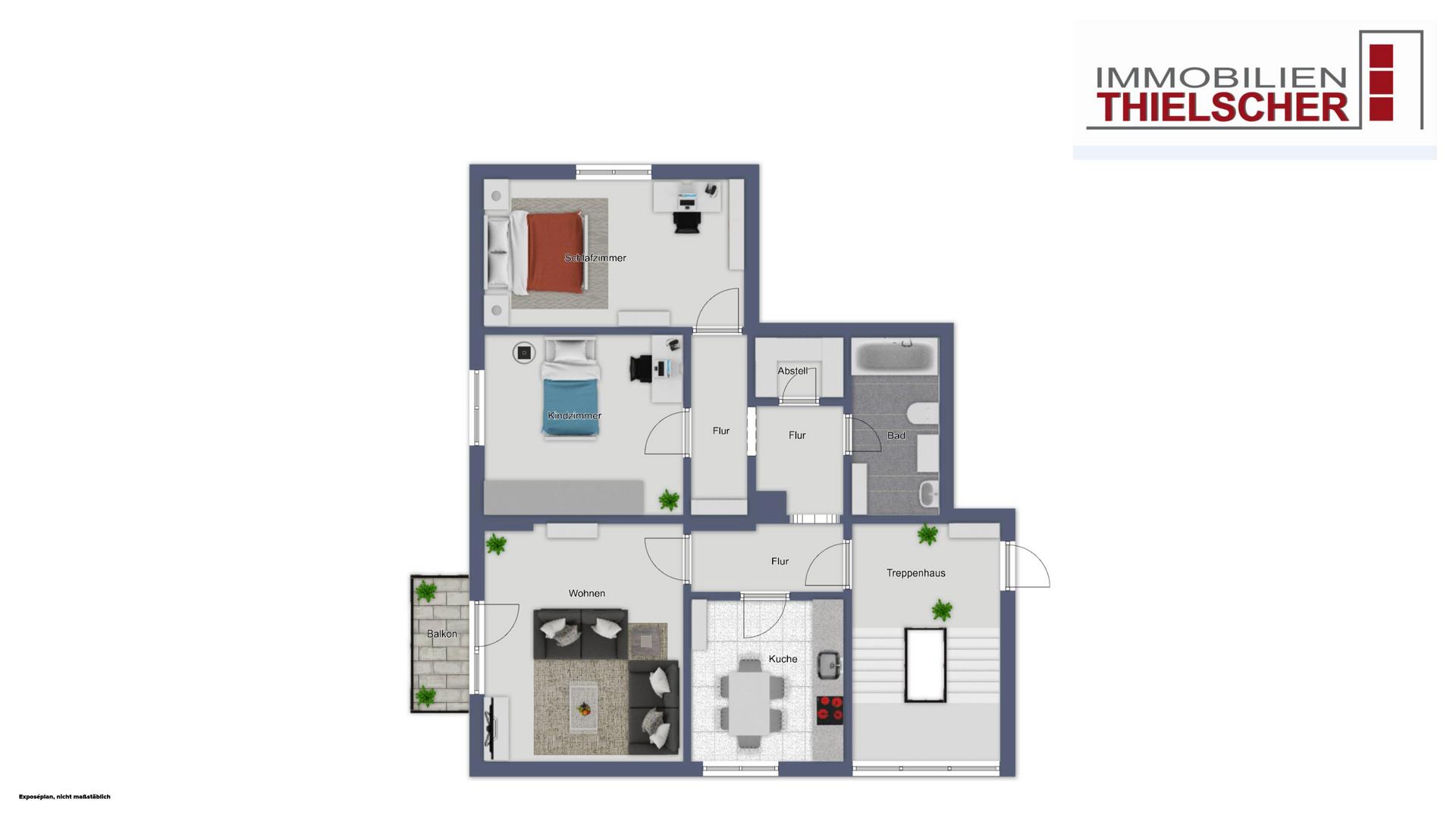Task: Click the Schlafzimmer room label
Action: tap(595, 258)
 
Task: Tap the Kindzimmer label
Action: tap(575, 416)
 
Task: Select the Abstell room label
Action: tap(792, 371)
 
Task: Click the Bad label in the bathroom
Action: tap(896, 435)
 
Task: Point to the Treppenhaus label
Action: tap(916, 573)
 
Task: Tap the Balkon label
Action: tap(442, 634)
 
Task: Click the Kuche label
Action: tap(783, 659)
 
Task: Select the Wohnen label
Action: tap(587, 593)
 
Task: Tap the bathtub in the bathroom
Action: tap(895, 355)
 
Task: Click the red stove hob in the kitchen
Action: tap(830, 711)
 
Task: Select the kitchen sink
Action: tap(830, 665)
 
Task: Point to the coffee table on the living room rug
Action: tap(583, 708)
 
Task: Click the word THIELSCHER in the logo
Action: tap(1225, 108)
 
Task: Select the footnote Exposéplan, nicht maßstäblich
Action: tap(64, 797)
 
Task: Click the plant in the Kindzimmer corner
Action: tap(669, 500)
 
